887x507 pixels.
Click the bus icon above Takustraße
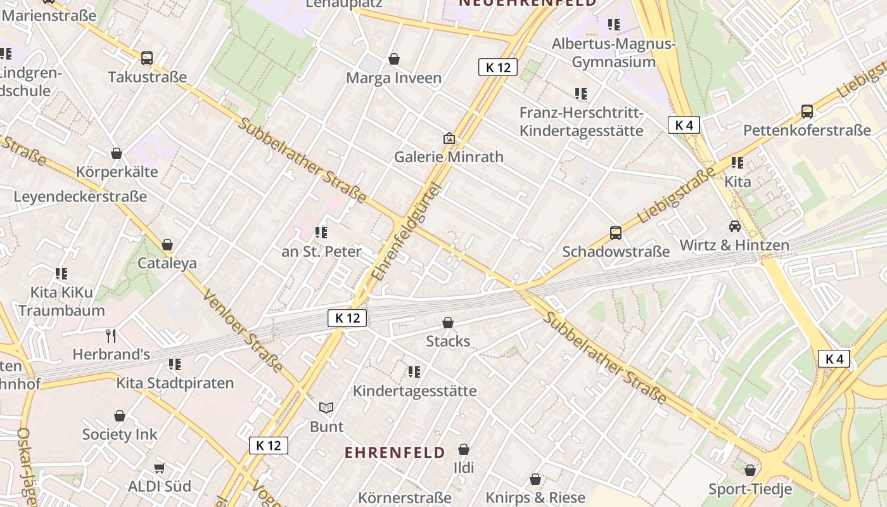[147, 58]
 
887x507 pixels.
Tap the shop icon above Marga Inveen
[394, 59]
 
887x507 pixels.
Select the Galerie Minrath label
[449, 157]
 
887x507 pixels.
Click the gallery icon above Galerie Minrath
[449, 138]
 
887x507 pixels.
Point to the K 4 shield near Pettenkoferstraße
[684, 125]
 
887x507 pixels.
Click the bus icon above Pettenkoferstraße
[807, 112]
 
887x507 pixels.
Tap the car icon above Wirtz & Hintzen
[734, 226]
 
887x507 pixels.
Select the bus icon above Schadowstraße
[615, 233]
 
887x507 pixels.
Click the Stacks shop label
[448, 341]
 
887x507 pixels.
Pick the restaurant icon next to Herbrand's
[111, 335]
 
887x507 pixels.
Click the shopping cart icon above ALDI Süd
[160, 468]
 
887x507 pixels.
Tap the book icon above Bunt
[326, 408]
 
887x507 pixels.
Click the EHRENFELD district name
[395, 452]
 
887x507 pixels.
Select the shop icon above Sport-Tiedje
[750, 470]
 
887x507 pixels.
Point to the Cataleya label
[167, 263]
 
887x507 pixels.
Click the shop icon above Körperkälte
[117, 153]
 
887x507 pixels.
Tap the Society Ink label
[120, 435]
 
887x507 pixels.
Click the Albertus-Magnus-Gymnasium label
[613, 53]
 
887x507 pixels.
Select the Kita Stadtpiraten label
[175, 383]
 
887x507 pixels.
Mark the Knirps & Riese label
[535, 497]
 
